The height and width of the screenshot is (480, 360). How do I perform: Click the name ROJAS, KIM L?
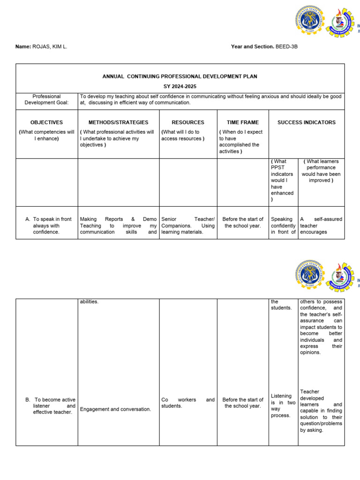[49, 47]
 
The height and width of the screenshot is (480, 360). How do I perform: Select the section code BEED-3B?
[286, 47]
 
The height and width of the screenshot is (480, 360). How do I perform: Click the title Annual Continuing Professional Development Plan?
[180, 76]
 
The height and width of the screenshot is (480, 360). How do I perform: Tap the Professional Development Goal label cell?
[46, 99]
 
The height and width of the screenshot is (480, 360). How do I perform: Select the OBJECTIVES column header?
[46, 122]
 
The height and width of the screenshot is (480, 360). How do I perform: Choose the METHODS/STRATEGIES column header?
[118, 122]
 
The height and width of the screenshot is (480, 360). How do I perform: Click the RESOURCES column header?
[187, 122]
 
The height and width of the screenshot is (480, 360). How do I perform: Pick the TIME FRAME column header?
[242, 122]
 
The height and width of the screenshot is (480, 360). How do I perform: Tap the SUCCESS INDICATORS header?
[306, 122]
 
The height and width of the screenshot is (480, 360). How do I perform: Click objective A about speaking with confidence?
[49, 225]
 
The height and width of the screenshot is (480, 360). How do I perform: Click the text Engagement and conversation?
[115, 409]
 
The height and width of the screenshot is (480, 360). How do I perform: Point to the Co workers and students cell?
[187, 403]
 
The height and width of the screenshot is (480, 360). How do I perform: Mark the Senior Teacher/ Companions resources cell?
[187, 225]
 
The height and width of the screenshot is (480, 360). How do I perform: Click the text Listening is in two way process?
[283, 405]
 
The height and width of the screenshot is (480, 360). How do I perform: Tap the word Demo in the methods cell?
[150, 219]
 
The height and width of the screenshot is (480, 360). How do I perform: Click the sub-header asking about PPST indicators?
[282, 180]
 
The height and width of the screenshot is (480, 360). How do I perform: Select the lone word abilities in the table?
[89, 301]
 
